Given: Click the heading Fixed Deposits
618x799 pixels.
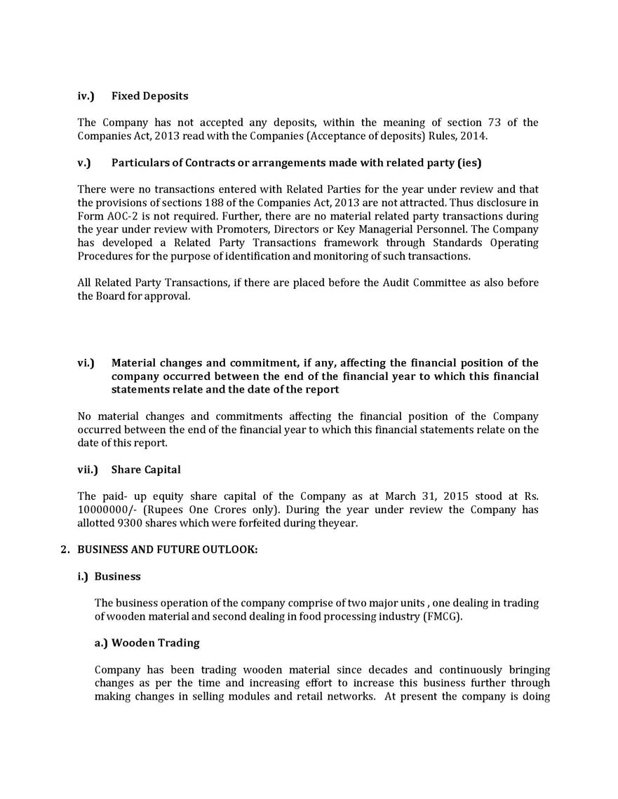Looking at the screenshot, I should click(x=149, y=95).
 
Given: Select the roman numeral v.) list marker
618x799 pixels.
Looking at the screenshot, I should click(x=84, y=163).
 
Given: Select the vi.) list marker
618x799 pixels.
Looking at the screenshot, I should click(x=86, y=363).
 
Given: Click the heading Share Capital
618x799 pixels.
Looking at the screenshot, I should click(x=146, y=469).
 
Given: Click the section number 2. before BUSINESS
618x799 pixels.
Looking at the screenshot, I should click(x=65, y=550).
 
